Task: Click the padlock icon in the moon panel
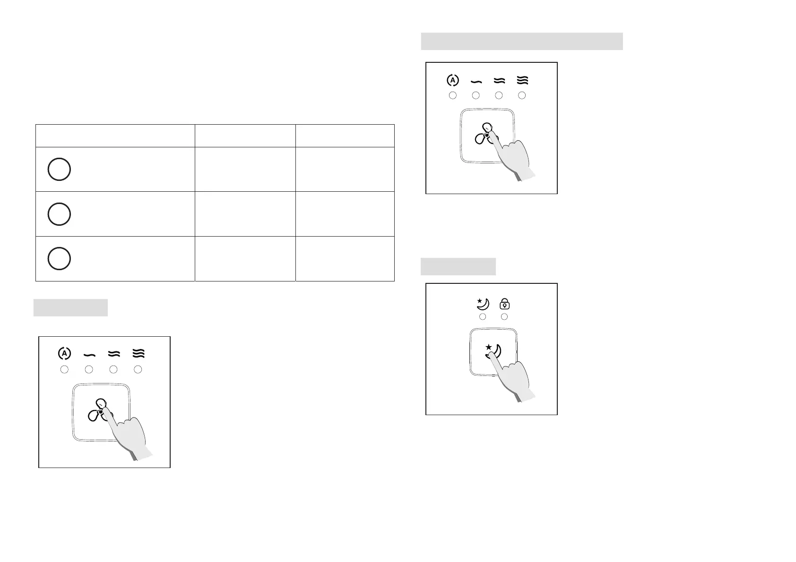pos(504,304)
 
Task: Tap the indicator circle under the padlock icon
pos(504,316)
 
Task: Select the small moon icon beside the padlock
pos(483,304)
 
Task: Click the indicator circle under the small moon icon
pos(483,316)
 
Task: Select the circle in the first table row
pos(59,169)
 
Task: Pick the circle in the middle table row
pos(59,214)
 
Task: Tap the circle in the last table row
pos(59,258)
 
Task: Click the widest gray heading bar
pos(521,41)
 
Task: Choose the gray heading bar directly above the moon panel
pos(458,266)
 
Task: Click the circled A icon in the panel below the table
pos(64,353)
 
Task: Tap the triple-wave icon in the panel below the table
pos(138,353)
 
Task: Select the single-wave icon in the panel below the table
pos(89,354)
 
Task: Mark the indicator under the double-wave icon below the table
pos(113,369)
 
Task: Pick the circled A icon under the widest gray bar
pos(452,80)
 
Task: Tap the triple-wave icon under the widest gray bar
pos(522,80)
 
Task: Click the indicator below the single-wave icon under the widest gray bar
pos(476,95)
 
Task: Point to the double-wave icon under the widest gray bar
pos(499,80)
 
